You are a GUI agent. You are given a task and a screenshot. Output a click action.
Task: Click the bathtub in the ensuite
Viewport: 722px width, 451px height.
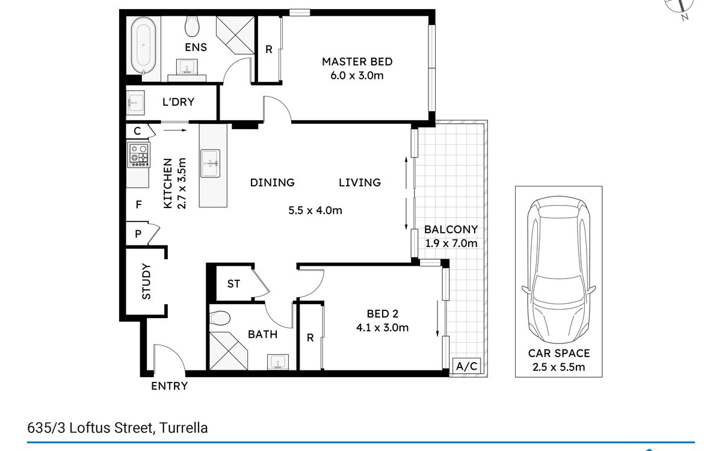pyautogui.click(x=143, y=46)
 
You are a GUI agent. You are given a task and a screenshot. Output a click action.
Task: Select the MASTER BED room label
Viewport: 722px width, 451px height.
pyautogui.click(x=357, y=61)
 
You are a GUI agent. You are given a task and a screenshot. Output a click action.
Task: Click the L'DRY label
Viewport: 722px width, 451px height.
pyautogui.click(x=178, y=102)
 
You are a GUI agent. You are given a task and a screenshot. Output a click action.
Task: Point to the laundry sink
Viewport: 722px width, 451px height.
pyautogui.click(x=135, y=103)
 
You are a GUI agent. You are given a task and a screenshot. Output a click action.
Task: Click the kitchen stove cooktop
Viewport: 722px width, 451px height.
pyautogui.click(x=139, y=155)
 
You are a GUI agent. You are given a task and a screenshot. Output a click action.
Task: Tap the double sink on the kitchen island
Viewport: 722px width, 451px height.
pyautogui.click(x=211, y=164)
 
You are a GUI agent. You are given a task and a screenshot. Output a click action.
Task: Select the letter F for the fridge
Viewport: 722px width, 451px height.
pyautogui.click(x=138, y=204)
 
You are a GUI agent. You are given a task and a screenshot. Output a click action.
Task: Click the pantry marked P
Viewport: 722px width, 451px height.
pyautogui.click(x=138, y=233)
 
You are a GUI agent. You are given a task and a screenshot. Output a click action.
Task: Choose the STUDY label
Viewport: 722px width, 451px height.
pyautogui.click(x=146, y=281)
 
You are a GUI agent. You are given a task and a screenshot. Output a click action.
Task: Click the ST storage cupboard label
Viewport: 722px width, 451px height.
pyautogui.click(x=233, y=284)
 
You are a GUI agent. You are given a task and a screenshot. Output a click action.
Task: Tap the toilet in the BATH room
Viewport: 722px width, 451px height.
pyautogui.click(x=220, y=318)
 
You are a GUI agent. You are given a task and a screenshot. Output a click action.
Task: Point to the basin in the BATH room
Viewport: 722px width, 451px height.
pyautogui.click(x=278, y=362)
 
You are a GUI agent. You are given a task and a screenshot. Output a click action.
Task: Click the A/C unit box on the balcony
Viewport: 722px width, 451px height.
pyautogui.click(x=467, y=366)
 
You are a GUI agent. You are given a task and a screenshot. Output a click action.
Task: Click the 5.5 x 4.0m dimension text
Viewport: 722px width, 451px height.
pyautogui.click(x=315, y=210)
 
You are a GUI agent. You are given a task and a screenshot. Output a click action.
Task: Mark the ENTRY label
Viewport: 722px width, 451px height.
pyautogui.click(x=170, y=386)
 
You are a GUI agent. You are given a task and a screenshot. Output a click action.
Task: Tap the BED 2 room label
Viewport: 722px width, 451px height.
pyautogui.click(x=383, y=314)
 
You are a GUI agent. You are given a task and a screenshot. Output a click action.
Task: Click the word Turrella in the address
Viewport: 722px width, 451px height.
pyautogui.click(x=184, y=428)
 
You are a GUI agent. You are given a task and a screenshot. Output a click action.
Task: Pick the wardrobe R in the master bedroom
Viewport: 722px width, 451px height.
pyautogui.click(x=269, y=49)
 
